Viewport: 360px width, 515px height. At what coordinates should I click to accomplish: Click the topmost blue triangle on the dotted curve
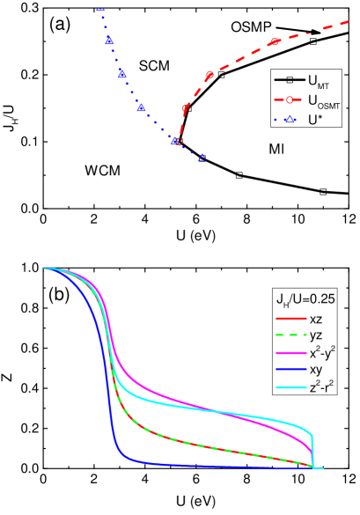109,40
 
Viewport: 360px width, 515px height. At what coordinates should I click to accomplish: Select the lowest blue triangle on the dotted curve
202,158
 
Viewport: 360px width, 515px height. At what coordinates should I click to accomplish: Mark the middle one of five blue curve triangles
141,109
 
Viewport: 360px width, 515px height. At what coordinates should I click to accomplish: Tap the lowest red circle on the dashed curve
179,142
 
